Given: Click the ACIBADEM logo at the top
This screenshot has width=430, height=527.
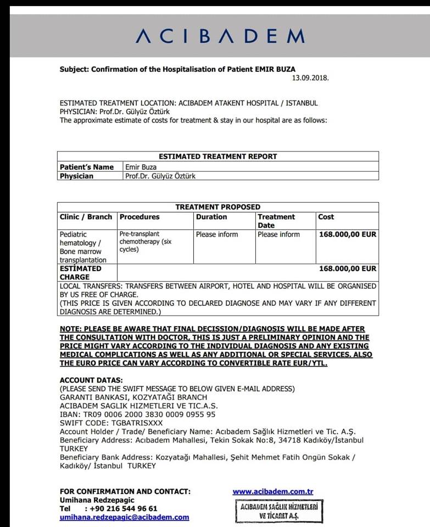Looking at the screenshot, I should pos(220,36).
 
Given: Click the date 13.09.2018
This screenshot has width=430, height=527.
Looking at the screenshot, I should pos(310,78).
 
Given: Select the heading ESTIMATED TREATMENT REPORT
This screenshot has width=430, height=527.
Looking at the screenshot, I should pos(217,156).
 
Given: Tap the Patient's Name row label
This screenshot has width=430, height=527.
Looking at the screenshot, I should pos(87,167).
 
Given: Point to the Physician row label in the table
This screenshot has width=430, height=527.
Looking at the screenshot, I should pos(76,176).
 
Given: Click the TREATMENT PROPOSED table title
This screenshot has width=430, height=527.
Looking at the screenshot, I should pos(217,207).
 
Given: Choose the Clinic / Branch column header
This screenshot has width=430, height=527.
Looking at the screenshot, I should pos(86,217).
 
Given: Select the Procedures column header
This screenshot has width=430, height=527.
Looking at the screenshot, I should pos(139,217).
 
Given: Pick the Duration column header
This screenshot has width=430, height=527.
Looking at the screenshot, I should pos(211,217).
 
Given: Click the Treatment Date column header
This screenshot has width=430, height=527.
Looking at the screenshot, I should pos(276,221).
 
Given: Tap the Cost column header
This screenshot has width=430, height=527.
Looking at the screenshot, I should pos(326,217).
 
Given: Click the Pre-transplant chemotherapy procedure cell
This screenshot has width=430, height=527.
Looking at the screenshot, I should pos(145,242).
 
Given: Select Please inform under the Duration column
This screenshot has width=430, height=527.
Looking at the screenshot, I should pos(217,234).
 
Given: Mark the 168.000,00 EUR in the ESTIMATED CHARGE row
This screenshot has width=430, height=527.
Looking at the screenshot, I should pos(348,269).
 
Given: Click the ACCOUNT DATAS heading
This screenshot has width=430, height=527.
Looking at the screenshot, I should pos(91,380).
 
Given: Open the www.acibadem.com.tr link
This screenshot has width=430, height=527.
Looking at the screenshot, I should pos(273,492).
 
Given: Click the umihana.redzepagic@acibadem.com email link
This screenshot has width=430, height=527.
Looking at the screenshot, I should pos(124,517).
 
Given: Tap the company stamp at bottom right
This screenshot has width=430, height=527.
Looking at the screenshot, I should pos(280,512).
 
